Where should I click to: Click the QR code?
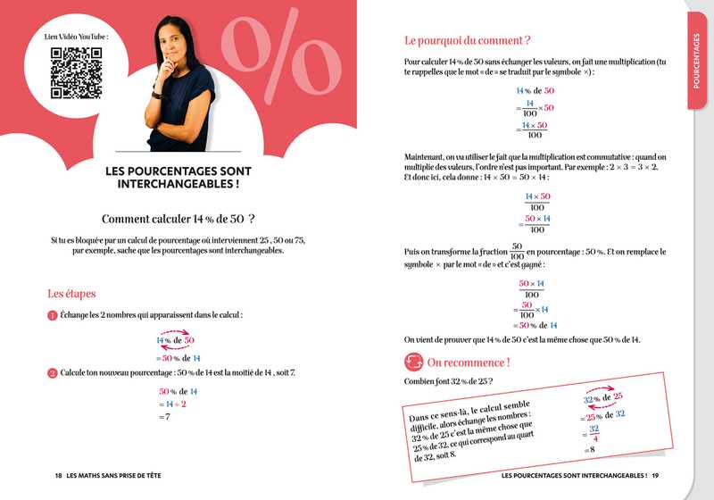click(76, 72)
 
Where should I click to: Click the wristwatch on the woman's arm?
click(157, 93)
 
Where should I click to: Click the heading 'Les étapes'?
click(71, 293)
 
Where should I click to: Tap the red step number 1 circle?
click(53, 315)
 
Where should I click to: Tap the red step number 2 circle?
click(53, 371)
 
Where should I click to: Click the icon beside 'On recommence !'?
click(414, 362)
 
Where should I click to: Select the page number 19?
click(655, 474)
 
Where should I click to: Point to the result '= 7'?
click(164, 417)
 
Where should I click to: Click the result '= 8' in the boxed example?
click(590, 452)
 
